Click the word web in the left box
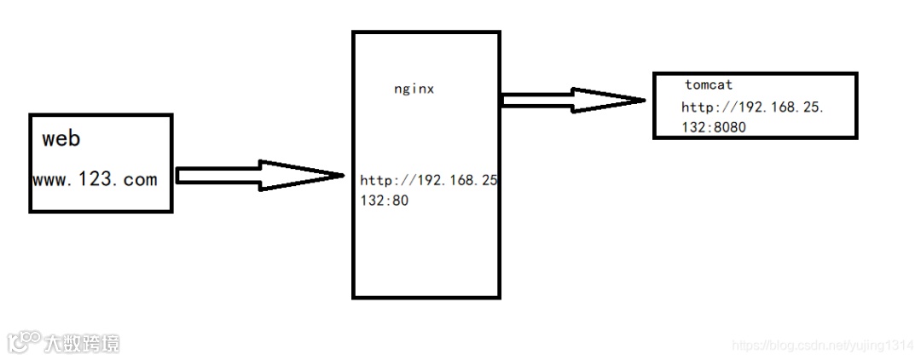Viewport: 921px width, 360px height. (61, 139)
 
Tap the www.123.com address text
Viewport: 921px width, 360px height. (95, 179)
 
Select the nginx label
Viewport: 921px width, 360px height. (414, 88)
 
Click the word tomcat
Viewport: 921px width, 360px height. (709, 85)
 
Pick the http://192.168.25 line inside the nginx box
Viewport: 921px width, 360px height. (429, 181)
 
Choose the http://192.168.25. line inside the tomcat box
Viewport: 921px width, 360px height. (753, 107)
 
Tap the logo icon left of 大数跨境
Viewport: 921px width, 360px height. (24, 341)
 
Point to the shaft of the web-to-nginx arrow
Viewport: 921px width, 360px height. (217, 176)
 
